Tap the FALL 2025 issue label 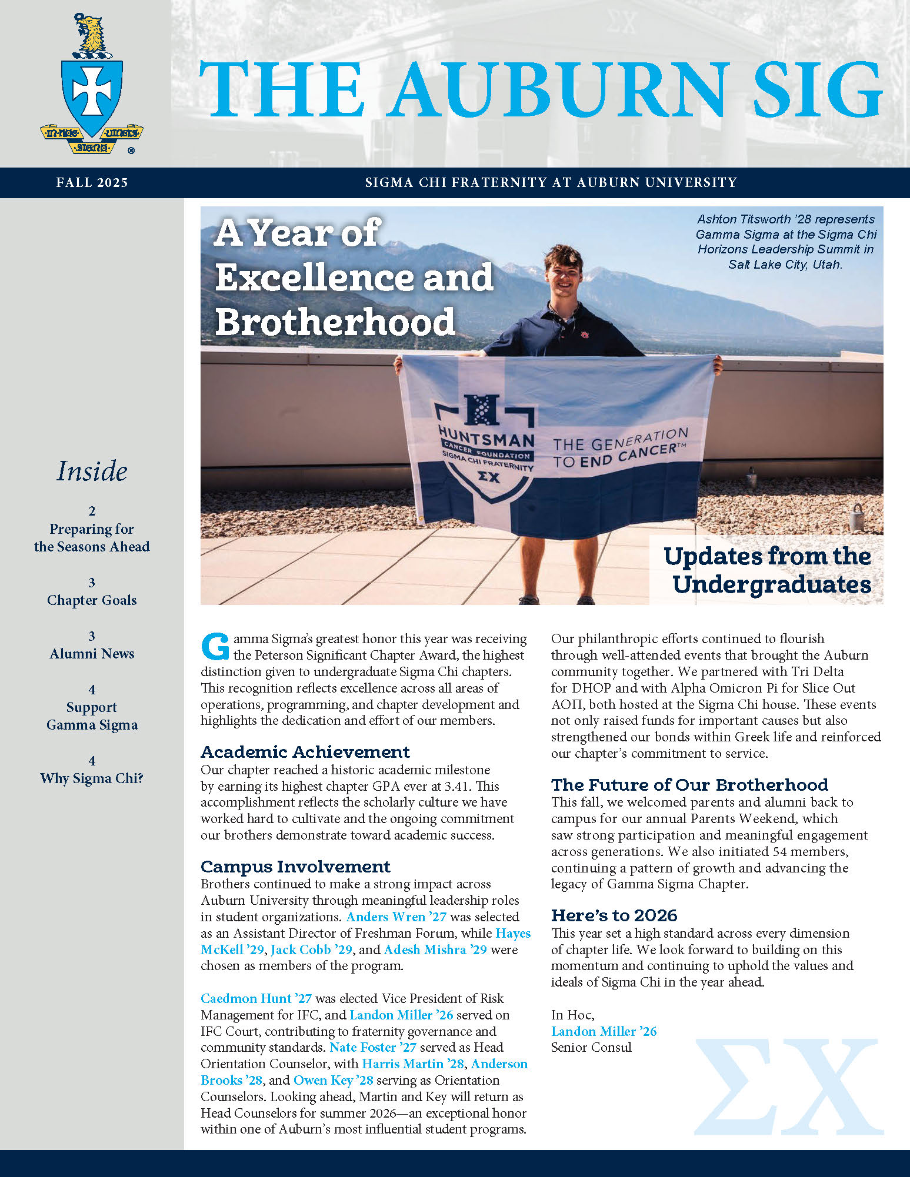click(92, 183)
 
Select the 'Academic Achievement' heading click(305, 752)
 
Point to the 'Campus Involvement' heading click(295, 867)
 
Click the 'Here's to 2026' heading click(614, 915)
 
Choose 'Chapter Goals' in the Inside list click(92, 600)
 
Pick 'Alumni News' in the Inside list click(92, 654)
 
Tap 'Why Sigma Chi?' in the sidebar click(92, 778)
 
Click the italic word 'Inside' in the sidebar click(92, 472)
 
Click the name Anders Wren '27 click(396, 917)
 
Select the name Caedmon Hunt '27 click(256, 998)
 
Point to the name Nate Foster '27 click(373, 1047)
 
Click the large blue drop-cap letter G click(215, 646)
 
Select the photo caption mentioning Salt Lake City click(786, 242)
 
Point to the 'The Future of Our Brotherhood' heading click(689, 785)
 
